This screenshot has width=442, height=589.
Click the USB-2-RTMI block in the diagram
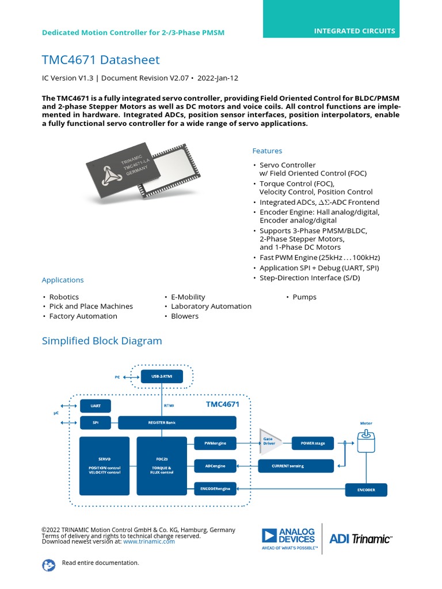click(x=162, y=377)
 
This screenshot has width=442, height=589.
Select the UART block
click(x=96, y=406)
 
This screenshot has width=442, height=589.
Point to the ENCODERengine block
click(x=215, y=488)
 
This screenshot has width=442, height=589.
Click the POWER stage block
click(x=313, y=443)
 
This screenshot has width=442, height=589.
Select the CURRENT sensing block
click(x=296, y=465)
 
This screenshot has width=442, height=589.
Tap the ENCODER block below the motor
click(x=366, y=490)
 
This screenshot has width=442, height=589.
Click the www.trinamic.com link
click(x=148, y=541)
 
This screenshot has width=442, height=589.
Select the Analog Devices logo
click(x=289, y=538)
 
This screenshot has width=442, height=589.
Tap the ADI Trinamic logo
click(x=360, y=539)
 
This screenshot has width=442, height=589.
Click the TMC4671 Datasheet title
click(x=101, y=60)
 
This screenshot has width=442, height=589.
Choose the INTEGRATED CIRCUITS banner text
click(x=355, y=31)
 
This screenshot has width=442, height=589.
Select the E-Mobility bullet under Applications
click(x=188, y=297)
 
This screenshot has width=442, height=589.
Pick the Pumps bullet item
click(x=304, y=297)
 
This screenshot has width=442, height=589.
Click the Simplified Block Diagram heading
click(x=102, y=341)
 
